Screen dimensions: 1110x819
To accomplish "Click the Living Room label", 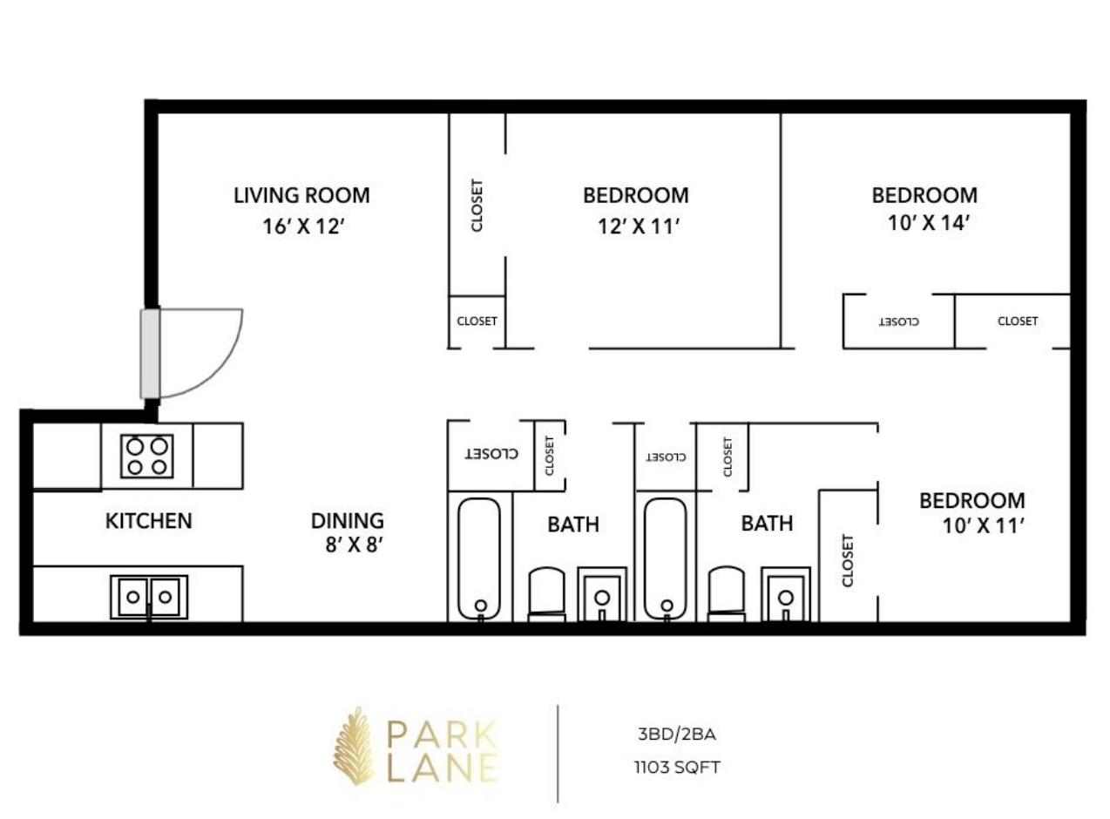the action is pyautogui.click(x=301, y=195).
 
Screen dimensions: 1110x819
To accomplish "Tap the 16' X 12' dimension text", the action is pyautogui.click(x=304, y=227).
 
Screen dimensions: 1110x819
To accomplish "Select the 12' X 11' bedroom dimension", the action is pyautogui.click(x=639, y=227).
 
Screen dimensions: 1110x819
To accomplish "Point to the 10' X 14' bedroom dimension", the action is pyautogui.click(x=929, y=223).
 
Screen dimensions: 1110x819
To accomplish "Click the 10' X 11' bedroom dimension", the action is pyautogui.click(x=984, y=525).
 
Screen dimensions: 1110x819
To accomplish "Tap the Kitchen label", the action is pyautogui.click(x=149, y=521).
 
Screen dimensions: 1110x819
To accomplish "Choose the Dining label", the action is pyautogui.click(x=348, y=521).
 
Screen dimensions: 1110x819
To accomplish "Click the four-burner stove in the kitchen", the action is pyautogui.click(x=147, y=456).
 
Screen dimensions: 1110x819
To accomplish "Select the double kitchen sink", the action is pyautogui.click(x=149, y=597).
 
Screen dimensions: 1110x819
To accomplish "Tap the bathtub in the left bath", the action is pyautogui.click(x=479, y=558).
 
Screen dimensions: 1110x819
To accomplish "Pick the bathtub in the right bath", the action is pyautogui.click(x=665, y=558).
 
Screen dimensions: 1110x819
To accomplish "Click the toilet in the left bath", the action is pyautogui.click(x=546, y=594).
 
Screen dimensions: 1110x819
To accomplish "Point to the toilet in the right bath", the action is pyautogui.click(x=727, y=594).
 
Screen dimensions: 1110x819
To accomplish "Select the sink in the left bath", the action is pyautogui.click(x=603, y=595).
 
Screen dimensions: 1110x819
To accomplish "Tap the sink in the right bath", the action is pyautogui.click(x=786, y=595).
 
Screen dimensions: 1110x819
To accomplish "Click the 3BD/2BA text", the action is pyautogui.click(x=677, y=734).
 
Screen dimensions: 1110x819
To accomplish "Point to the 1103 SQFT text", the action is pyautogui.click(x=677, y=767).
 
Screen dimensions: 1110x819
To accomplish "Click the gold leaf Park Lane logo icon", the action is pyautogui.click(x=354, y=746).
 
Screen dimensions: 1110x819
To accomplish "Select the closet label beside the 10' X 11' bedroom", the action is pyautogui.click(x=847, y=561).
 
